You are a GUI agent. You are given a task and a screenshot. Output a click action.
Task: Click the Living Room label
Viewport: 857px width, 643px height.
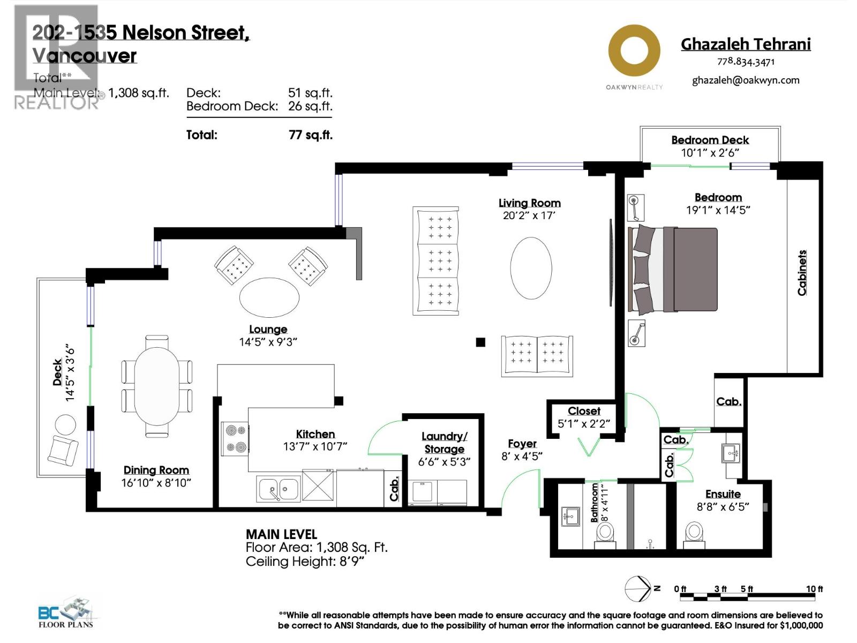point(529,203)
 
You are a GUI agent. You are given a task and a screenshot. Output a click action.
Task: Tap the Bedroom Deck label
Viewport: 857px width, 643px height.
point(710,140)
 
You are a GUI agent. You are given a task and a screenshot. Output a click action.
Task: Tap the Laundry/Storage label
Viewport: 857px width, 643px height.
point(444,443)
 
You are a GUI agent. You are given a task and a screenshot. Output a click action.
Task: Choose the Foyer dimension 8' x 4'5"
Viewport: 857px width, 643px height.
point(522,456)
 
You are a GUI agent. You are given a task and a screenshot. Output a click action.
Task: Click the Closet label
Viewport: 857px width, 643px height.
point(584,411)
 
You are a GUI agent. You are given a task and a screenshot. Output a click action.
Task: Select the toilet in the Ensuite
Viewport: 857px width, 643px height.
point(694,534)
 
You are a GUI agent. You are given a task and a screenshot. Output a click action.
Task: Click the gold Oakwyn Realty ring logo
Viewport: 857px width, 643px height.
point(634,52)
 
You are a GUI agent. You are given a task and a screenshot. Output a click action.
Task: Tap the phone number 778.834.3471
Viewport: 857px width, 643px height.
point(746,62)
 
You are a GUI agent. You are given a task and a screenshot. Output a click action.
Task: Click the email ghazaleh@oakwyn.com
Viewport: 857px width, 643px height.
point(746,80)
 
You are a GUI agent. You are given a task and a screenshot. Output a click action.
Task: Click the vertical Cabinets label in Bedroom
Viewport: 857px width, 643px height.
point(802,272)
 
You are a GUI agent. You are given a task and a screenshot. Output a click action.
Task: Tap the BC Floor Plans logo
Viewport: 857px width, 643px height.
point(66,612)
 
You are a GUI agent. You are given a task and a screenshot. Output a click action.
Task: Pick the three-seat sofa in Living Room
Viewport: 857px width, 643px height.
point(436,260)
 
